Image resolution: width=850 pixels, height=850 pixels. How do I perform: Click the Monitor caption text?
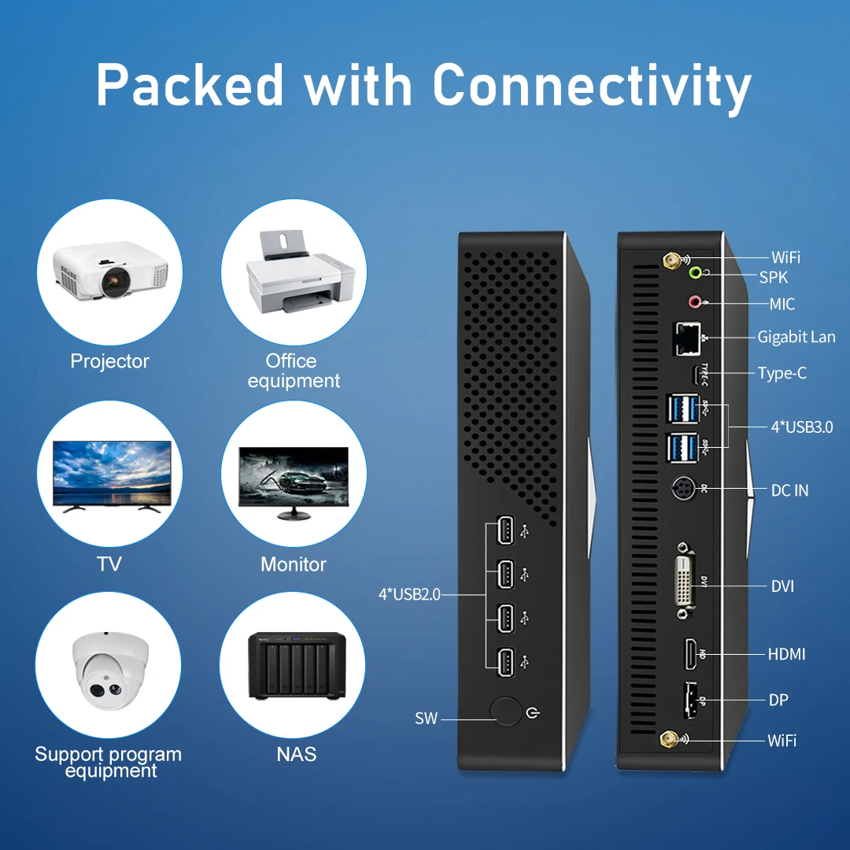point(294,564)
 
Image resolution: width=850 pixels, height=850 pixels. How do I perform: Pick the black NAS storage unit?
point(293,665)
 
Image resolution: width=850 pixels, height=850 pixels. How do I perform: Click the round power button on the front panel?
point(505,711)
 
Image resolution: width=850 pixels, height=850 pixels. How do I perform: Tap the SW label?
point(426,719)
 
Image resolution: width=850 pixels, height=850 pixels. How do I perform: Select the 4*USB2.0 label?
point(409,594)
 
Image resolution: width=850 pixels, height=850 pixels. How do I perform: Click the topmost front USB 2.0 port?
point(504,532)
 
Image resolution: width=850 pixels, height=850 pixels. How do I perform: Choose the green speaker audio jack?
point(695,273)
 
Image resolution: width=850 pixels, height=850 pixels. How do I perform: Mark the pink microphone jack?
point(695,301)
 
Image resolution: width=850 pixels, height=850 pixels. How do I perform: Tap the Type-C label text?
point(782,373)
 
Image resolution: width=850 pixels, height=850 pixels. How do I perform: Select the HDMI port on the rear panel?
point(690,654)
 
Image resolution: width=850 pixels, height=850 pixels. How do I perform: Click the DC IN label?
point(789,490)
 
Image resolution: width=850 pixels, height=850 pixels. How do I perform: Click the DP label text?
point(778,700)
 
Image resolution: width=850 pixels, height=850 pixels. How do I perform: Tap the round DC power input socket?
point(682,490)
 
